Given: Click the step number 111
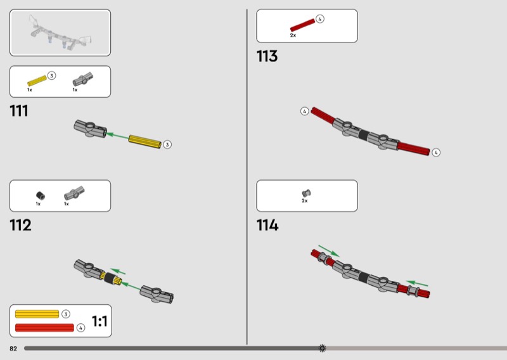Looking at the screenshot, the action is (x=19, y=111).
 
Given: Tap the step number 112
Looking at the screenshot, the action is (x=20, y=225).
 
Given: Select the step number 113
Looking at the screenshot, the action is (x=267, y=56).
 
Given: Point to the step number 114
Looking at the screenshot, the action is (x=267, y=225).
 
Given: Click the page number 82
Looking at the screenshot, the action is (x=13, y=349).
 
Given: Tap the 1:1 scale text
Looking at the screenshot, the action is (x=99, y=321).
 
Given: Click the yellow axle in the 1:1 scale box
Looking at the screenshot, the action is (x=37, y=314).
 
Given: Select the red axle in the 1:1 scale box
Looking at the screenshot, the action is (x=44, y=328).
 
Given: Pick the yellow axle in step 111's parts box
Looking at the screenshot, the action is (x=37, y=81).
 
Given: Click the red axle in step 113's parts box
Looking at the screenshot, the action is (x=303, y=25).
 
